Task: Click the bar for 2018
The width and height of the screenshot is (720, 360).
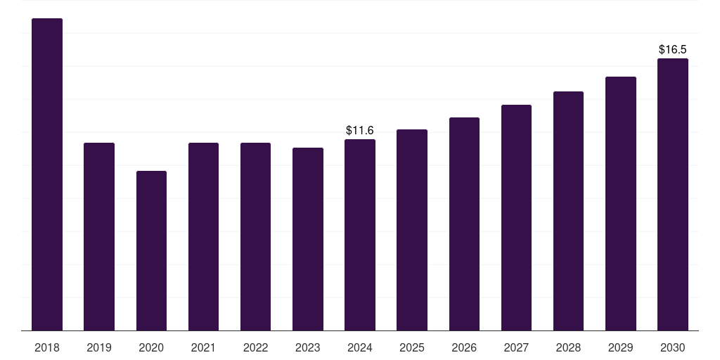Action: [47, 174]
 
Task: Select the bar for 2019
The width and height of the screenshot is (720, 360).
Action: [99, 236]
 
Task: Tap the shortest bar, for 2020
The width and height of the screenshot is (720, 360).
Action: [152, 251]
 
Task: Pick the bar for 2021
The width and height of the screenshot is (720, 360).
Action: [203, 236]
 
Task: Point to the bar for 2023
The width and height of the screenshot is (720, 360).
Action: [308, 239]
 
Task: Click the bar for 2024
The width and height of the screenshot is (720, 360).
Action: [360, 235]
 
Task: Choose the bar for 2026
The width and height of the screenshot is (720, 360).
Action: [464, 224]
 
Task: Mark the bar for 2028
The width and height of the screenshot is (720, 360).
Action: [568, 211]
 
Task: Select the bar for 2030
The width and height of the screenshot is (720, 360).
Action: [673, 195]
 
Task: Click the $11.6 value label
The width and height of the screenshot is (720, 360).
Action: [360, 130]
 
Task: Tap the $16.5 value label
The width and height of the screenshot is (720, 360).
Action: [673, 50]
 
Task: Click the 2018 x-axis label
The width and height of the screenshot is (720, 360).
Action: [47, 347]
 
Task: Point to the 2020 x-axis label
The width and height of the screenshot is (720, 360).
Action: [152, 347]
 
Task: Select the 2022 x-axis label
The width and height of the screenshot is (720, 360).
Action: [255, 347]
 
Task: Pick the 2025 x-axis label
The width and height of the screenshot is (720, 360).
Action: [412, 347]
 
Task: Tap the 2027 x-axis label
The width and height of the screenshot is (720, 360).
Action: [516, 347]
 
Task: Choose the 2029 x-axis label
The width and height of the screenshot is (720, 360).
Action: [620, 347]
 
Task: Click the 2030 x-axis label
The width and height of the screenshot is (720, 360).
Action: [673, 347]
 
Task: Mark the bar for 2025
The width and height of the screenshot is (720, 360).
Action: [412, 230]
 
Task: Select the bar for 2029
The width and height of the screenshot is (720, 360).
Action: [621, 204]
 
